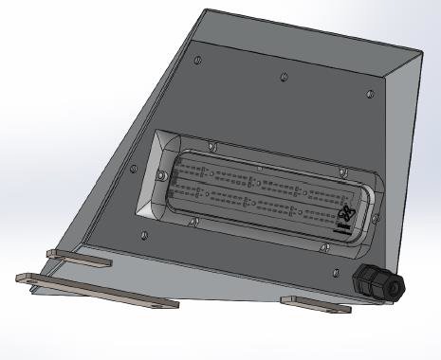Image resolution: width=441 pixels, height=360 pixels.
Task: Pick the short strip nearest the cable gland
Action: tap(316, 304)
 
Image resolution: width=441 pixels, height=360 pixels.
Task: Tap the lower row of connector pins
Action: tap(256, 200)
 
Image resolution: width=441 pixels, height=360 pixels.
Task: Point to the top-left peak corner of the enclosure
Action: tap(206, 10)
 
